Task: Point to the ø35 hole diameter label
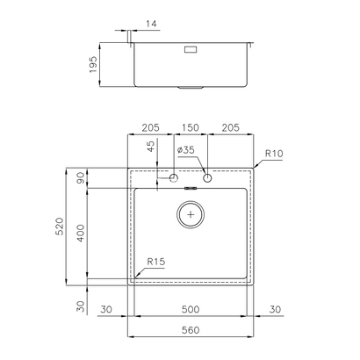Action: [185, 150]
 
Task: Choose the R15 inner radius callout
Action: [156, 262]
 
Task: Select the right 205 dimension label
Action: [231, 127]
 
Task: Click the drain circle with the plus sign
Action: [191, 214]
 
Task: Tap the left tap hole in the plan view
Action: [174, 180]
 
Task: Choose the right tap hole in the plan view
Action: [208, 180]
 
